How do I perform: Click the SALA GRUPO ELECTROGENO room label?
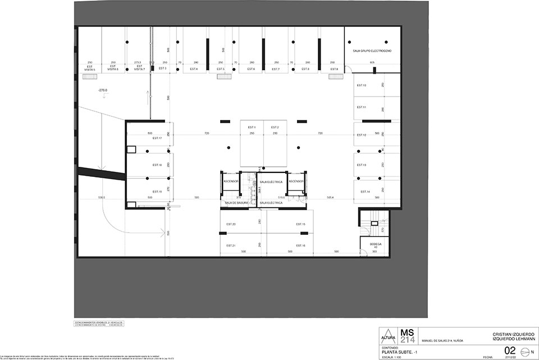372,51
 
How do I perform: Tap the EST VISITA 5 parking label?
89,68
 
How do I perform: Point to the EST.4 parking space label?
194,69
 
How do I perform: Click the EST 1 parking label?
252,127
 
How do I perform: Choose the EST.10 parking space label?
361,85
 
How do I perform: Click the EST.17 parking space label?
157,138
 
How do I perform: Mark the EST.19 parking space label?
157,192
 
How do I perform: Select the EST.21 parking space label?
231,245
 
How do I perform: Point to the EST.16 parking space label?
300,245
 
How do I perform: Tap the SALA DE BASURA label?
236,203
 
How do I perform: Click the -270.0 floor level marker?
103,90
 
